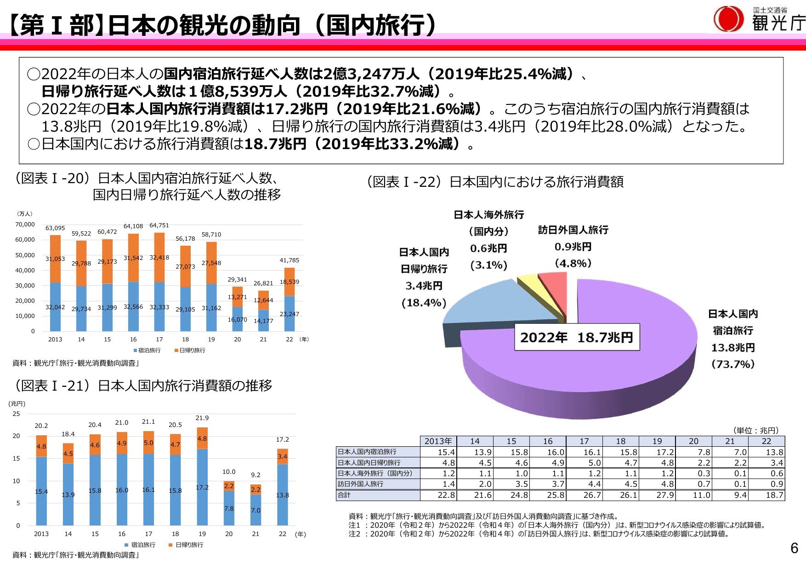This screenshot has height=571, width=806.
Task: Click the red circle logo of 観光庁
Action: tap(728, 19)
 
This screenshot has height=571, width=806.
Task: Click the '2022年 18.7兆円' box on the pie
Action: tap(577, 337)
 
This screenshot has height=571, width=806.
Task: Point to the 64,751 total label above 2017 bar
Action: tap(159, 225)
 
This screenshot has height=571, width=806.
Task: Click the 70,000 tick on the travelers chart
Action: tap(25, 225)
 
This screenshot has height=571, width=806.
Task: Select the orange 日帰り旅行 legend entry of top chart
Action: tap(190, 351)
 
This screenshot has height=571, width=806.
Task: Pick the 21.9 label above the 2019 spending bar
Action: tap(202, 418)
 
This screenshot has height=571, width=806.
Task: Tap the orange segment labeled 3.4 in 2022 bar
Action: tap(283, 456)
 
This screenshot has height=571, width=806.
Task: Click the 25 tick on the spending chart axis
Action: tap(17, 414)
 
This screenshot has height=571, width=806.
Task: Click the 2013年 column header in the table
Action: tap(438, 441)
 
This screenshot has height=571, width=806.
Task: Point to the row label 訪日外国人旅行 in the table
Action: tap(361, 484)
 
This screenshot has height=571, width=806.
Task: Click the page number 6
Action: tap(794, 548)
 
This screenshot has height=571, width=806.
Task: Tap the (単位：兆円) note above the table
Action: tap(756, 431)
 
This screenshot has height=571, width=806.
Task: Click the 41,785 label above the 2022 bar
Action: tap(289, 260)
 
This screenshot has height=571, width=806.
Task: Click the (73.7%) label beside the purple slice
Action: tap(733, 364)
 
